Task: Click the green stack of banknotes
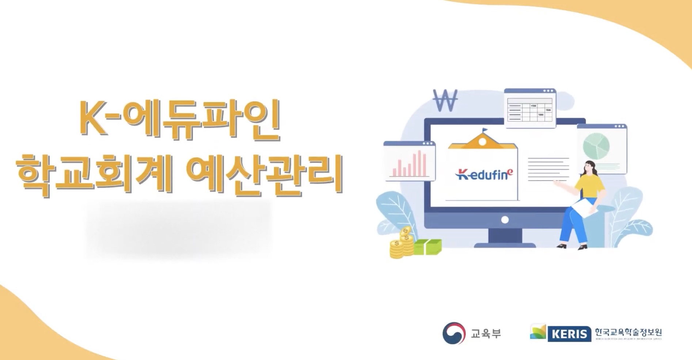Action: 427,247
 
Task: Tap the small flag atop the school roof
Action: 484,130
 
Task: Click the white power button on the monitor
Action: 505,220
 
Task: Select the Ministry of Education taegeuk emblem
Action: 453,333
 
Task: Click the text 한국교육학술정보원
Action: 628,332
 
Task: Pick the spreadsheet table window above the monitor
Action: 530,108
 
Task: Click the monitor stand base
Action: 505,244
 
